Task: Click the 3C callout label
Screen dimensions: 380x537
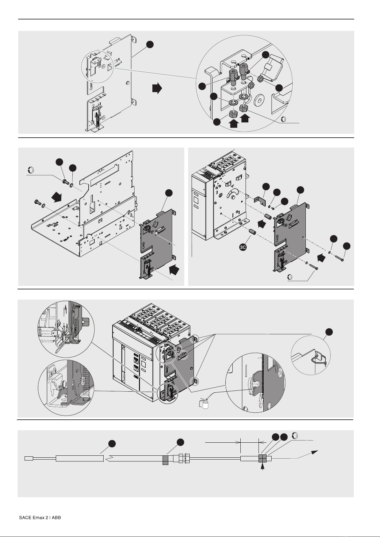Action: [243, 248]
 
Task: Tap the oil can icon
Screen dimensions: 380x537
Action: [204, 403]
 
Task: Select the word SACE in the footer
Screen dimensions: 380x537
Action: [25, 518]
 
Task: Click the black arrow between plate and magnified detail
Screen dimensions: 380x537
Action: [157, 88]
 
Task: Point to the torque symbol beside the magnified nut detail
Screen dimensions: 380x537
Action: [283, 120]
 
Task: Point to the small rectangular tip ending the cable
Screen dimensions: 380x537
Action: [29, 458]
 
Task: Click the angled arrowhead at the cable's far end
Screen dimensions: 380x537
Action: [314, 452]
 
